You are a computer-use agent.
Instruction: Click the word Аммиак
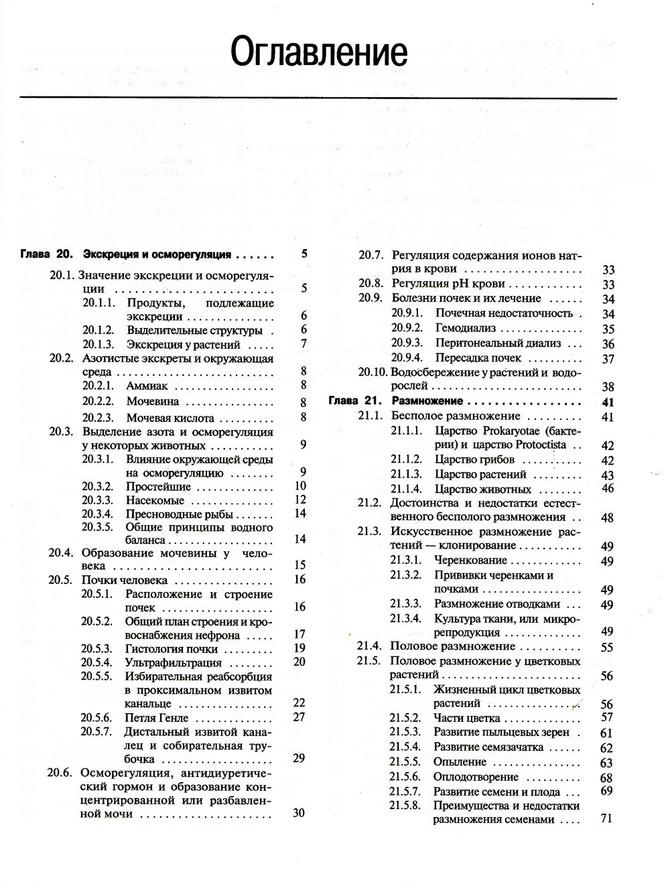[147, 386]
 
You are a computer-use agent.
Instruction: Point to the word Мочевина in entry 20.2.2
[153, 402]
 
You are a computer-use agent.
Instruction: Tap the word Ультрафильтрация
[170, 662]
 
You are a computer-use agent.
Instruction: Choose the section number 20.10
[373, 372]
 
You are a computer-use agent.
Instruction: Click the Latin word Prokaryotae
[519, 430]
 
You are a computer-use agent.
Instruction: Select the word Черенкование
[470, 561]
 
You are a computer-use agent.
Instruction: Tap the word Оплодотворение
[476, 777]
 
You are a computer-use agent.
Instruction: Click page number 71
[607, 818]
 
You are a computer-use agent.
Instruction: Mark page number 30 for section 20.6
[299, 813]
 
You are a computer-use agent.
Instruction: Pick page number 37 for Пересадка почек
[608, 358]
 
